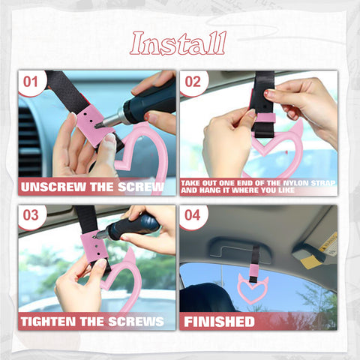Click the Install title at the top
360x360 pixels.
tap(178, 43)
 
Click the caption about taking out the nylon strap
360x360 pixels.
tap(257, 187)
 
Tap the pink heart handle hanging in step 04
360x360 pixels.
tap(253, 289)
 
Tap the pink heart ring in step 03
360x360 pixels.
tap(124, 281)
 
